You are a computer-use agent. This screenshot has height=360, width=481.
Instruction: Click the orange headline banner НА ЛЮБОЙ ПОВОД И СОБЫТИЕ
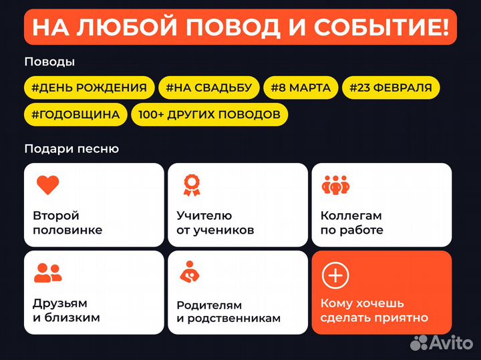[x=240, y=27]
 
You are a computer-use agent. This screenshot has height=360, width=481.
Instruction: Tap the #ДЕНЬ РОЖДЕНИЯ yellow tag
[x=90, y=87]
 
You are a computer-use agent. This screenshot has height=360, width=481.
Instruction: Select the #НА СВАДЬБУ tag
[x=208, y=87]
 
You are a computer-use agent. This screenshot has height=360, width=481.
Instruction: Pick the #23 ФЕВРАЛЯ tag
[x=390, y=87]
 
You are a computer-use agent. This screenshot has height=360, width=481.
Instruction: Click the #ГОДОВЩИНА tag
[x=75, y=114]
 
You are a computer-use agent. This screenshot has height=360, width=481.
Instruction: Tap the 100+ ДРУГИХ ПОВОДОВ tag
[x=209, y=114]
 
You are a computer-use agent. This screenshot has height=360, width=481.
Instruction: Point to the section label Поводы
[x=49, y=62]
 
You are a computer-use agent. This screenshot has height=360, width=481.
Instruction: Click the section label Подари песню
[x=71, y=149]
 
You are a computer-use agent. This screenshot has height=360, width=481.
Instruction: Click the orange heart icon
[x=47, y=186]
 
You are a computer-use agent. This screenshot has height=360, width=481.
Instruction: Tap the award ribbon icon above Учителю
[x=192, y=185]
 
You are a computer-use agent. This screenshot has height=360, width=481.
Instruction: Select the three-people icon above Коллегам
[x=335, y=185]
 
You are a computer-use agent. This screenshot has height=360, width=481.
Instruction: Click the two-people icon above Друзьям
[x=47, y=272]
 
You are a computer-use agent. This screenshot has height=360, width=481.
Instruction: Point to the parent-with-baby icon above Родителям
[x=192, y=272]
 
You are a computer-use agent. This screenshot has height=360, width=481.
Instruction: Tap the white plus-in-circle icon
[x=335, y=275]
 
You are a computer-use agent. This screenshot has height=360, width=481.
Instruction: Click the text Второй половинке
[x=67, y=223]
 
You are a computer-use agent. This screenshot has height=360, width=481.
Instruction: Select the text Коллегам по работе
[x=352, y=223]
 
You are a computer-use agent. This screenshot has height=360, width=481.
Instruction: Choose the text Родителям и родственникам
[x=228, y=311]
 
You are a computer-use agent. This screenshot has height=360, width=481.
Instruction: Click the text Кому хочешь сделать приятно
[x=374, y=310]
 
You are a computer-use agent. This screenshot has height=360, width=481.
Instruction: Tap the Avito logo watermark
[x=441, y=342]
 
